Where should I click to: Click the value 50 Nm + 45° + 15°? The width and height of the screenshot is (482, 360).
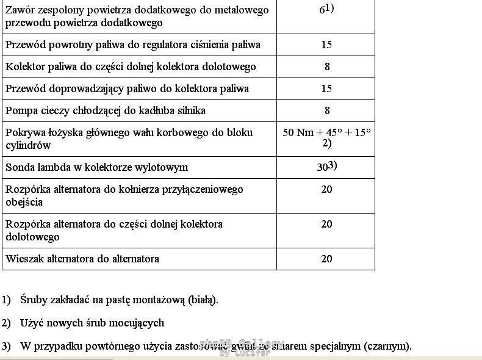pyautogui.click(x=326, y=132)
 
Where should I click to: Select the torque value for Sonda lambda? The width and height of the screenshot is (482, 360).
pyautogui.click(x=324, y=167)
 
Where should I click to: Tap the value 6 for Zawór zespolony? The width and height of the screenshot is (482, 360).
pyautogui.click(x=322, y=11)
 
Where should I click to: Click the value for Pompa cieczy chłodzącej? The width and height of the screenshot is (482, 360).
pyautogui.click(x=327, y=110)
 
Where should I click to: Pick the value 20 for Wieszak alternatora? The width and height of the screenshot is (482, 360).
pyautogui.click(x=326, y=259)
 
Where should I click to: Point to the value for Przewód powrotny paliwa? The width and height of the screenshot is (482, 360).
pyautogui.click(x=326, y=45)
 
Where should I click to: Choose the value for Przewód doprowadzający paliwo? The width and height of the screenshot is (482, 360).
pyautogui.click(x=326, y=88)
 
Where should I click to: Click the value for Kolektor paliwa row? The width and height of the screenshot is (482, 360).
pyautogui.click(x=327, y=67)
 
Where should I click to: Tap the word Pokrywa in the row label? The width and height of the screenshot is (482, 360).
pyautogui.click(x=25, y=132)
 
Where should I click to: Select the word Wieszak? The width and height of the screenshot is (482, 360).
pyautogui.click(x=24, y=259)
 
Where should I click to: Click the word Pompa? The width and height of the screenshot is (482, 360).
pyautogui.click(x=20, y=110)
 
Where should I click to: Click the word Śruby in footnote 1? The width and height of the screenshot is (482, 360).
pyautogui.click(x=34, y=300)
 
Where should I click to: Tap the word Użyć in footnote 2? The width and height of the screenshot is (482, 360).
pyautogui.click(x=32, y=323)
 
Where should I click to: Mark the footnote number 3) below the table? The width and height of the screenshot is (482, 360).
pyautogui.click(x=6, y=346)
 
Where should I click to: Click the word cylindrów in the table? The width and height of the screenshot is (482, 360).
pyautogui.click(x=28, y=145)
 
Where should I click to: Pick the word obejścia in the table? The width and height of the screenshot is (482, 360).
pyautogui.click(x=24, y=202)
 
